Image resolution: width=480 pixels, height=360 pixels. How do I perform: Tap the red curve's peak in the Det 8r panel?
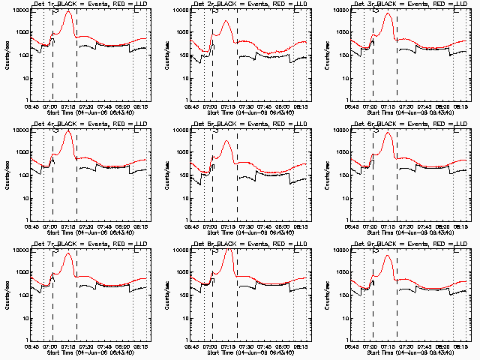[x=227, y=252]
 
